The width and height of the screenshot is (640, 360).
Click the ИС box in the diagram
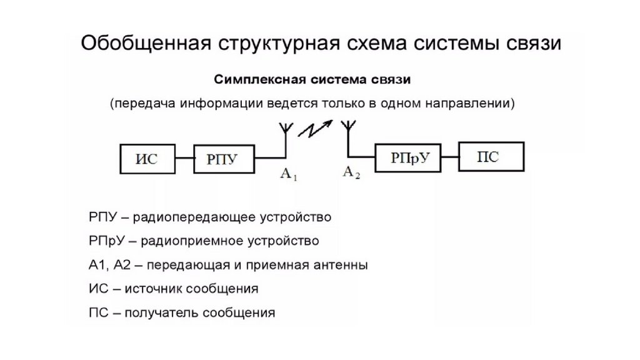[x=147, y=159]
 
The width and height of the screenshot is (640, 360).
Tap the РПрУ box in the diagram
[x=407, y=157]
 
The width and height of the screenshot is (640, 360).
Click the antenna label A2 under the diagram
[x=352, y=172]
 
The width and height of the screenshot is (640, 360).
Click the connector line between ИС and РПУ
[x=184, y=159]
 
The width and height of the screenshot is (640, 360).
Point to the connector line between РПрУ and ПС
[x=449, y=157]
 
